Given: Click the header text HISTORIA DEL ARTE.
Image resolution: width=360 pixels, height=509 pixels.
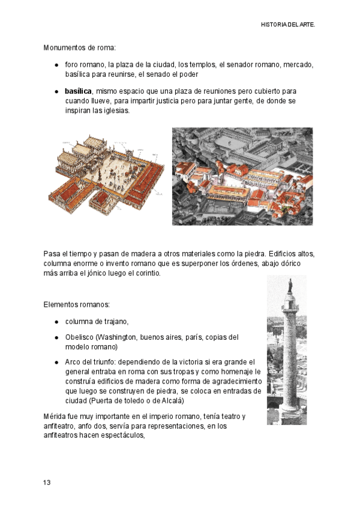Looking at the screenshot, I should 288,25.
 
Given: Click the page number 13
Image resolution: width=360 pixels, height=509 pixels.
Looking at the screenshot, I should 47,483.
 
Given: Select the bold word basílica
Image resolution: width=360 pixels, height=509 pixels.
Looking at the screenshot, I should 78,91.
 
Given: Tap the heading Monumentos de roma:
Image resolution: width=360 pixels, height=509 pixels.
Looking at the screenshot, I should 79,47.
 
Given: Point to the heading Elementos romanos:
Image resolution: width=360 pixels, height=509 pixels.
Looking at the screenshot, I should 76,305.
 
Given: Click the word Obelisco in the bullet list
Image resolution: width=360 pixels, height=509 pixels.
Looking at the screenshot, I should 79,337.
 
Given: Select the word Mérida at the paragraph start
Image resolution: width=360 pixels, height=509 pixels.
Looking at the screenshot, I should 55,417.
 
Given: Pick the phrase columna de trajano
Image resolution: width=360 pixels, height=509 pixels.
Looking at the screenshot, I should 97,321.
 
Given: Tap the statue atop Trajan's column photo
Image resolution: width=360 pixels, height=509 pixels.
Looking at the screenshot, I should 290,286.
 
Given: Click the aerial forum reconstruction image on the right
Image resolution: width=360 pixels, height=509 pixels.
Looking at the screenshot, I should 242,176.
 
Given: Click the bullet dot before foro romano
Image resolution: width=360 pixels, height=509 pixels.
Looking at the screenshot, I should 56,64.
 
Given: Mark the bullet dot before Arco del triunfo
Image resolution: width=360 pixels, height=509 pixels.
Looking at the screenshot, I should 56,363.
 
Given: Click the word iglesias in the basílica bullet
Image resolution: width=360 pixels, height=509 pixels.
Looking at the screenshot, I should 114,111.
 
